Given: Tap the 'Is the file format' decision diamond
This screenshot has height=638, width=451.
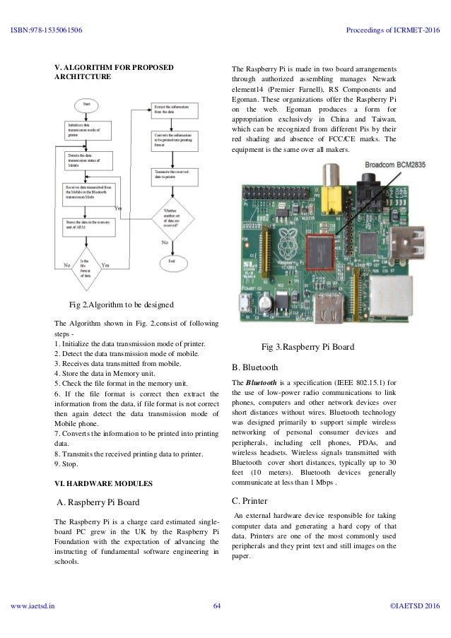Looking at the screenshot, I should (86, 266).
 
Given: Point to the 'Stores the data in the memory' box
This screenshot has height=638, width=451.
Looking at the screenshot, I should (87, 224).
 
